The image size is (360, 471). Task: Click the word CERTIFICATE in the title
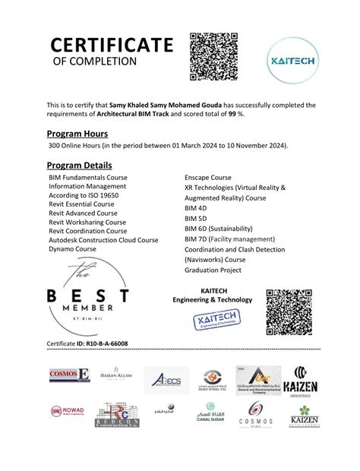click(112, 45)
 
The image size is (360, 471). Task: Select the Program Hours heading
click(78, 133)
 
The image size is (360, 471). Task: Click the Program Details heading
click(80, 165)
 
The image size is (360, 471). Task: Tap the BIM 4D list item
click(196, 208)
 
